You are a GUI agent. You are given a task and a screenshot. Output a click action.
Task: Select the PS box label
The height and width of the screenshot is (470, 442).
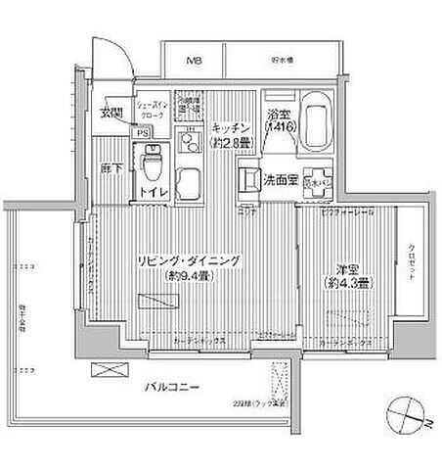tap(142, 133)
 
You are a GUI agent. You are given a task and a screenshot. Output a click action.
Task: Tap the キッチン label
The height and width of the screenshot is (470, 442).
tap(232, 127)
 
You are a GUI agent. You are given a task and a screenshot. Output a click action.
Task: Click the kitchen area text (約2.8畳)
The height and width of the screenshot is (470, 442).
tap(232, 143)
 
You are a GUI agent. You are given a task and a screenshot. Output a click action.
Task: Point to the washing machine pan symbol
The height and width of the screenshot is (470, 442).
tap(318, 180)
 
